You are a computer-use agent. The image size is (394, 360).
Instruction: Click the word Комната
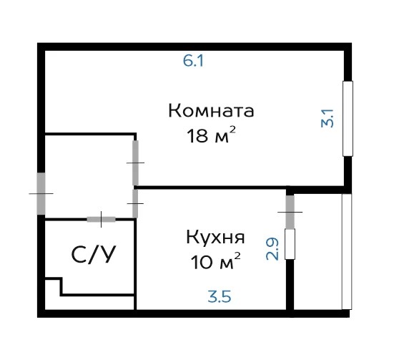click(x=211, y=111)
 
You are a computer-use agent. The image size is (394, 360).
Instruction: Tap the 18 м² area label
click(x=212, y=135)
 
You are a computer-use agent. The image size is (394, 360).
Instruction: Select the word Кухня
click(x=215, y=238)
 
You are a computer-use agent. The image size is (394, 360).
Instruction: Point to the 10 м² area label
click(x=216, y=261)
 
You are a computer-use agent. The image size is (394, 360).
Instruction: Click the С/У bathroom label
click(x=94, y=254)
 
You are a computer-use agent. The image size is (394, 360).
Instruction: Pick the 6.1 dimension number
click(x=193, y=61)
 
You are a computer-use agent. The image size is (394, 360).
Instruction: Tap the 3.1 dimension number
click(x=327, y=118)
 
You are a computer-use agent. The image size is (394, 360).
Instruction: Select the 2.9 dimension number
click(x=272, y=249)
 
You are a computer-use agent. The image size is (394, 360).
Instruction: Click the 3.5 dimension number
click(x=220, y=296)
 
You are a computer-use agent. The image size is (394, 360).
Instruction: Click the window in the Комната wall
click(x=348, y=119)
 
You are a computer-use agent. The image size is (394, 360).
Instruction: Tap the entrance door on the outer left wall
click(x=41, y=193)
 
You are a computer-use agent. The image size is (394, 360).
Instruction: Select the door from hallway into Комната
click(x=135, y=162)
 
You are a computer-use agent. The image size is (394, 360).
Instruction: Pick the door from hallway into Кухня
click(x=135, y=203)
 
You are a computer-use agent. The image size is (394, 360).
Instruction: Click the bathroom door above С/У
click(x=102, y=220)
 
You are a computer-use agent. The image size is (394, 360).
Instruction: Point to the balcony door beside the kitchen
click(x=290, y=212)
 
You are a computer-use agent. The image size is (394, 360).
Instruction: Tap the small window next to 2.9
click(x=290, y=244)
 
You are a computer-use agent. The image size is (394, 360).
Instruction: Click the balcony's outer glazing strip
click(x=347, y=252)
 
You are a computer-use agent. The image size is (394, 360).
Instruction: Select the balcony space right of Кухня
click(x=318, y=252)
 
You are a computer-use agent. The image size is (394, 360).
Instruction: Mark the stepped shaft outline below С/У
click(x=89, y=287)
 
